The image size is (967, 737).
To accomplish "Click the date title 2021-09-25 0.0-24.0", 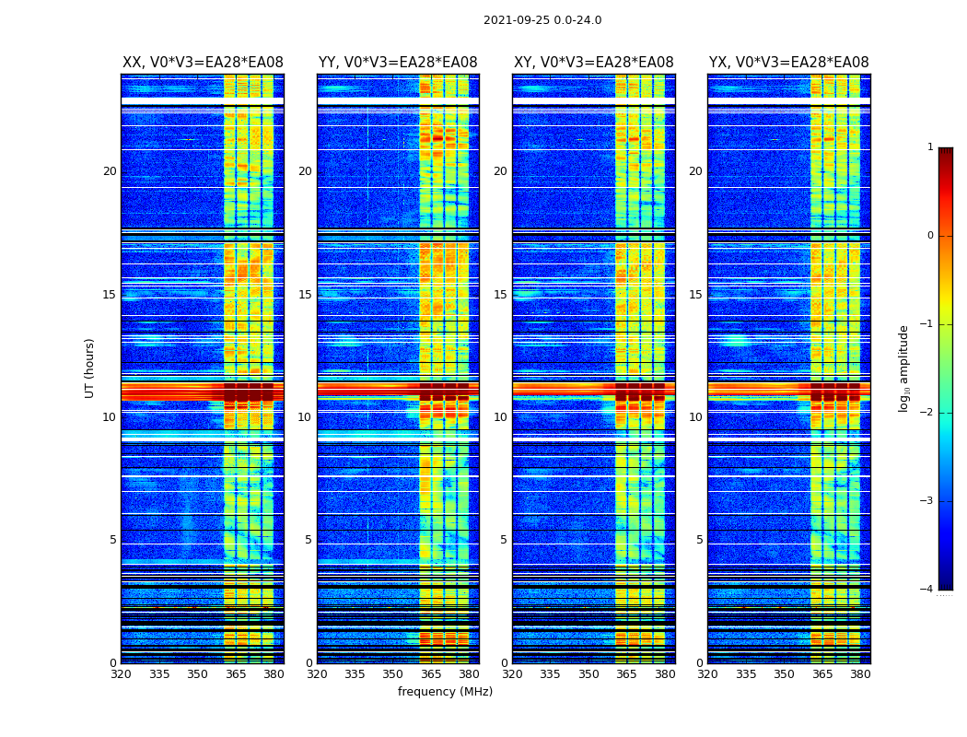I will tap(542, 20).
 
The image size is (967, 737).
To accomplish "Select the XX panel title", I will tap(203, 63).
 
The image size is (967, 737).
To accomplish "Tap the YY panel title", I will tap(398, 63).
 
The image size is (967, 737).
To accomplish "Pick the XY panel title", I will tap(593, 63).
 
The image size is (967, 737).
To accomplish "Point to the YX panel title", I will tap(788, 63).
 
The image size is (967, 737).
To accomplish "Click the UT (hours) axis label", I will tap(90, 368).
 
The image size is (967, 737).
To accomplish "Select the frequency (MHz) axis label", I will tap(445, 692).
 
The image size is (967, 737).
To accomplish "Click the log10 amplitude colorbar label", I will tap(904, 368).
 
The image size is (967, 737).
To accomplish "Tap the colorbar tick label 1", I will tap(930, 147).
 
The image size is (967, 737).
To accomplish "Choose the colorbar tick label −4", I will tap(928, 590).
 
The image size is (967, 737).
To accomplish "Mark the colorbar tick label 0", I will tap(930, 236).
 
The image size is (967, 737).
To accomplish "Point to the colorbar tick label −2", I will tap(928, 413).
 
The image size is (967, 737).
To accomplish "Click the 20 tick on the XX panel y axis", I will tap(110, 171).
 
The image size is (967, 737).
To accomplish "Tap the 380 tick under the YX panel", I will tap(860, 674).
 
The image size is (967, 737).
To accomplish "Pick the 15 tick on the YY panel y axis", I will tap(305, 295).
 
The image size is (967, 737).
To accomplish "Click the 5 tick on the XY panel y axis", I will tap(504, 540).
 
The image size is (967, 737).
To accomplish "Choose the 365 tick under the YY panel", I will tap(431, 674).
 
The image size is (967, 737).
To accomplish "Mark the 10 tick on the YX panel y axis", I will tap(695, 417).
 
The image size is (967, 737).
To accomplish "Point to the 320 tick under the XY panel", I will tap(512, 674).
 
